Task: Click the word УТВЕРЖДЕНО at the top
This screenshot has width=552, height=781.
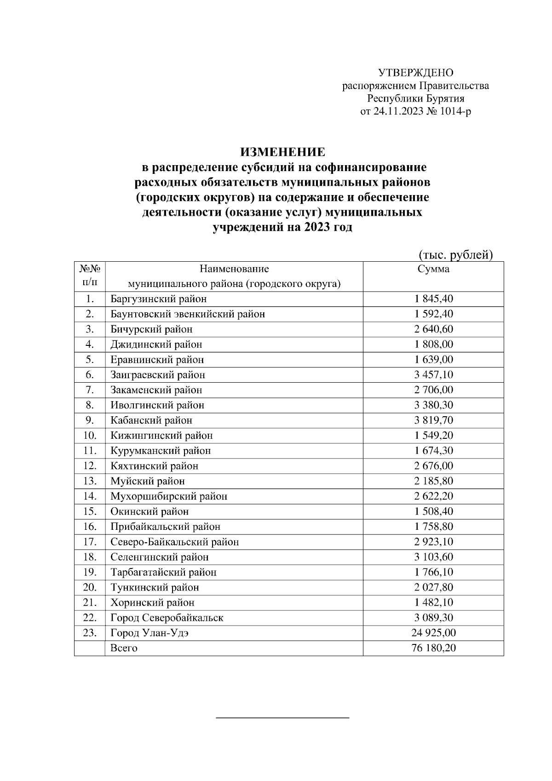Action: (x=415, y=73)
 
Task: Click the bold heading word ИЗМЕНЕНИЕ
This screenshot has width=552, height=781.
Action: (x=282, y=152)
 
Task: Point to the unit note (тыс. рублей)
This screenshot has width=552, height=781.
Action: (x=455, y=254)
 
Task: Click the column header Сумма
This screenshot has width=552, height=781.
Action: (x=433, y=270)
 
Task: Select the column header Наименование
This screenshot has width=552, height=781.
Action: (x=234, y=269)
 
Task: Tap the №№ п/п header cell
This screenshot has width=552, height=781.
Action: (x=90, y=276)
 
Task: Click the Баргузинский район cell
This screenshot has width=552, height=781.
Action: (x=158, y=299)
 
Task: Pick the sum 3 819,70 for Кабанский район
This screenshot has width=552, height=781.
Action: (x=433, y=420)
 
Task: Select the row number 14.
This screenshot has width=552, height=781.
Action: (x=90, y=496)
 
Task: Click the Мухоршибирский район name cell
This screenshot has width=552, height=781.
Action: (x=168, y=496)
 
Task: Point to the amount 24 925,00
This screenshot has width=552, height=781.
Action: (x=433, y=633)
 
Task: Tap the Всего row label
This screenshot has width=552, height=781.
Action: (x=124, y=648)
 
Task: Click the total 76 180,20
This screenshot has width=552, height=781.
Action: (x=433, y=648)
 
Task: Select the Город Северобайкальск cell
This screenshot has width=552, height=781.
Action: (x=167, y=618)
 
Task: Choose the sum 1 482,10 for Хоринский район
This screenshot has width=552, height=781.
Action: (x=433, y=603)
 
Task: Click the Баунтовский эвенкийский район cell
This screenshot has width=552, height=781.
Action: (x=187, y=314)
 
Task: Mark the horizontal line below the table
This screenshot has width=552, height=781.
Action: (x=282, y=717)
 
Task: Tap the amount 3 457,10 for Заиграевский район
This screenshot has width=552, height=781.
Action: (x=433, y=375)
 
